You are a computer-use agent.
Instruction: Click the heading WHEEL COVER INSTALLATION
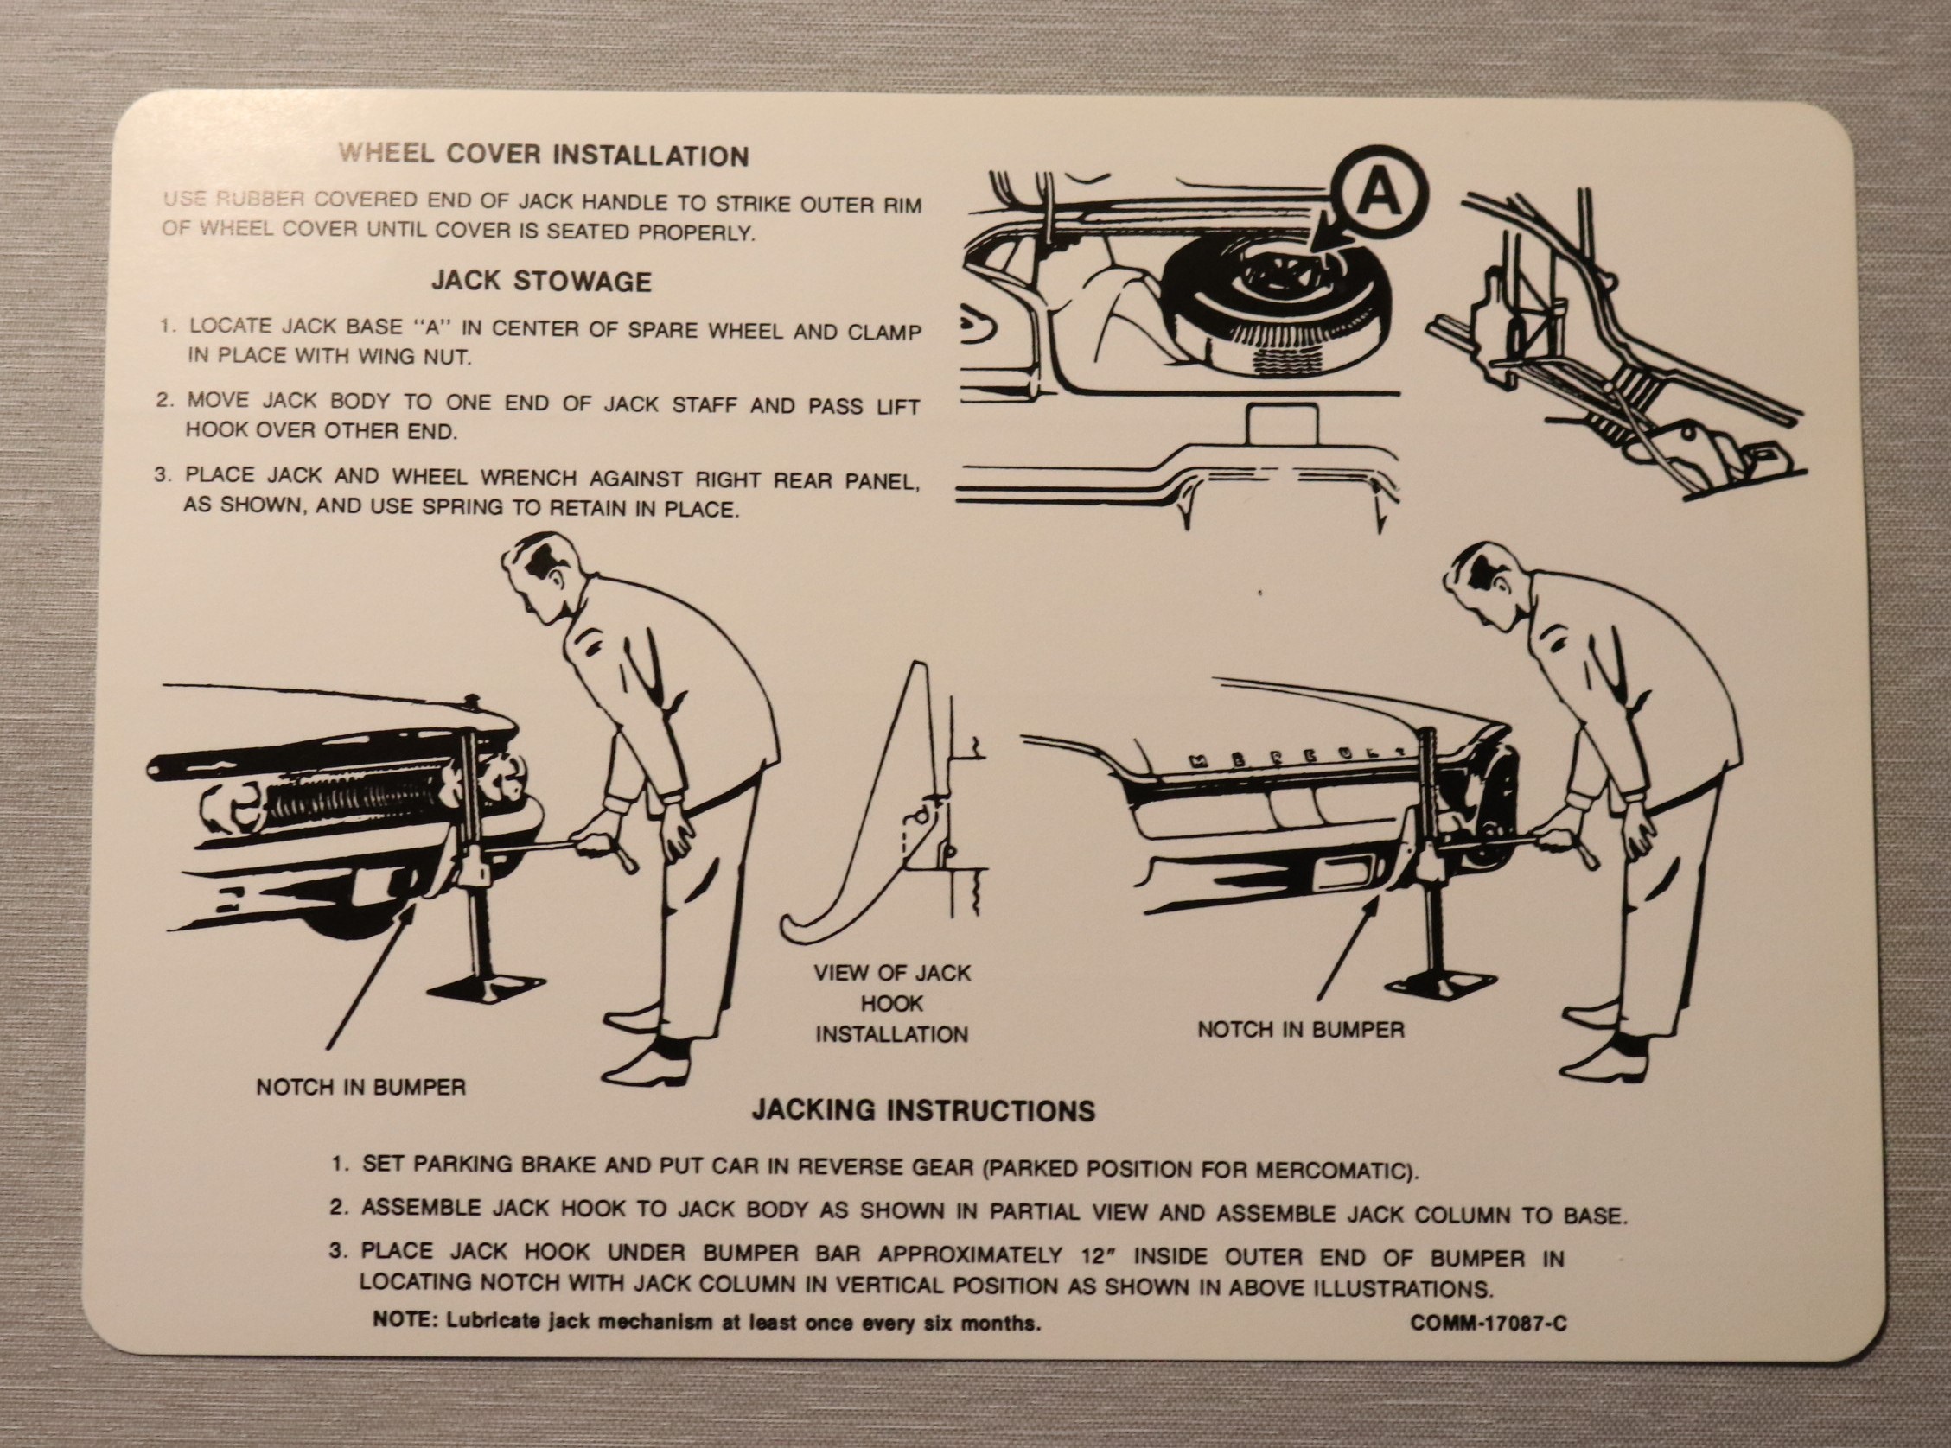544,156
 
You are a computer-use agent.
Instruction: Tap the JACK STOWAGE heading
542,282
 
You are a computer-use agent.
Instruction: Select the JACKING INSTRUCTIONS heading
923,1110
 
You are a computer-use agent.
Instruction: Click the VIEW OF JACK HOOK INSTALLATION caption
892,1003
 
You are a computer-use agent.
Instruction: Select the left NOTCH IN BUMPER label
360,1087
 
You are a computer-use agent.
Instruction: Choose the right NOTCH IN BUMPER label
1300,1030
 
